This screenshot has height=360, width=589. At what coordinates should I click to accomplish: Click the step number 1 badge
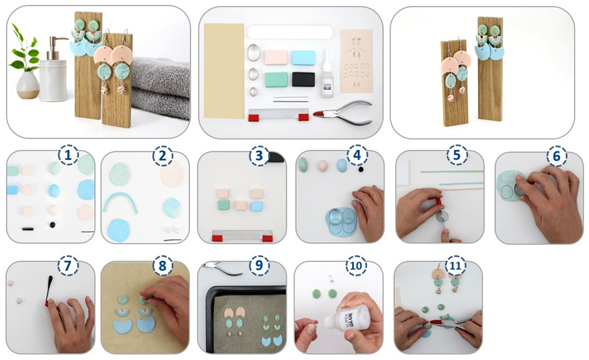click(68, 155)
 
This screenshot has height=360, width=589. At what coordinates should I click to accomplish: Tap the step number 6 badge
click(557, 156)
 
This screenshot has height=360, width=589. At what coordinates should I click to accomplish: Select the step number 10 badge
click(356, 265)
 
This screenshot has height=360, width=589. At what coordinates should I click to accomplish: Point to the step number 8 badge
click(162, 265)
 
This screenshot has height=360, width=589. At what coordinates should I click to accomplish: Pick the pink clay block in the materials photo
click(275, 58)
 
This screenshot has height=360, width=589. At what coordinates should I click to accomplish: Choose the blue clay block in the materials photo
click(304, 58)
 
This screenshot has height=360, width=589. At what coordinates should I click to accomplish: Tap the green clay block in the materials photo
click(275, 80)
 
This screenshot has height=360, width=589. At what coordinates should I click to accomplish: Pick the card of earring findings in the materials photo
click(356, 61)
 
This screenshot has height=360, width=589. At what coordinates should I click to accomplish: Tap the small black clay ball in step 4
click(361, 169)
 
